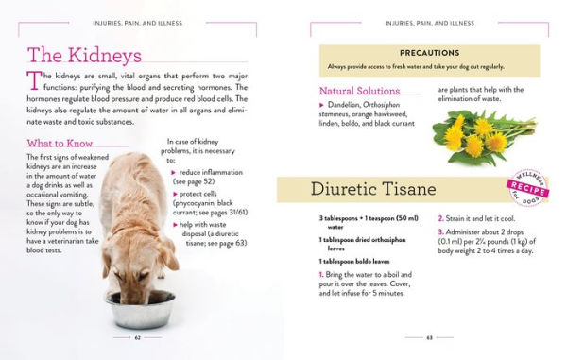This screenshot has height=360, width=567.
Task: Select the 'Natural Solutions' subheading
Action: (x=360, y=91)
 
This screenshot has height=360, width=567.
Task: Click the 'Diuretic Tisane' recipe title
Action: (x=373, y=189)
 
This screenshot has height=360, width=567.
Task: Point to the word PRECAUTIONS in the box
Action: (x=429, y=53)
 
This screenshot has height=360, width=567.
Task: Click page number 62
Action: (x=138, y=335)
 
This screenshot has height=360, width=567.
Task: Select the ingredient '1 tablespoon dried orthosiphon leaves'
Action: (x=365, y=243)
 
